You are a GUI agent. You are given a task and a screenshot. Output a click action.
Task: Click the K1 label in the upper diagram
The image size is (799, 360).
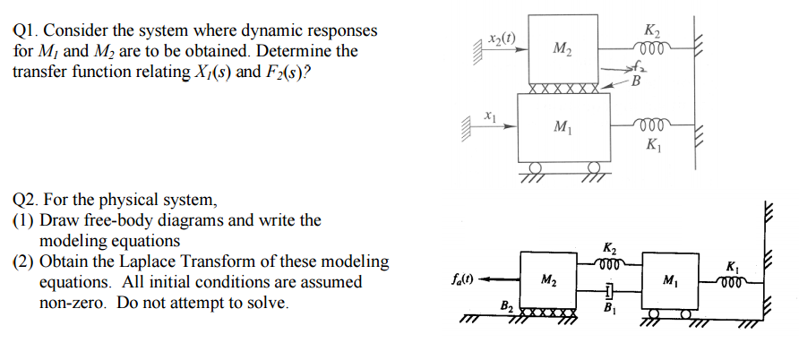tap(652, 145)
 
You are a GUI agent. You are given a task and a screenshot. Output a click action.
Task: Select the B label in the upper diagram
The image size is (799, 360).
tap(637, 86)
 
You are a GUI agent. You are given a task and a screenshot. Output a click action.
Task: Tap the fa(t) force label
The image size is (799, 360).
tap(464, 280)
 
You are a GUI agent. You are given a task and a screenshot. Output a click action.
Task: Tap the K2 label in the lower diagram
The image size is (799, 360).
tap(609, 248)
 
